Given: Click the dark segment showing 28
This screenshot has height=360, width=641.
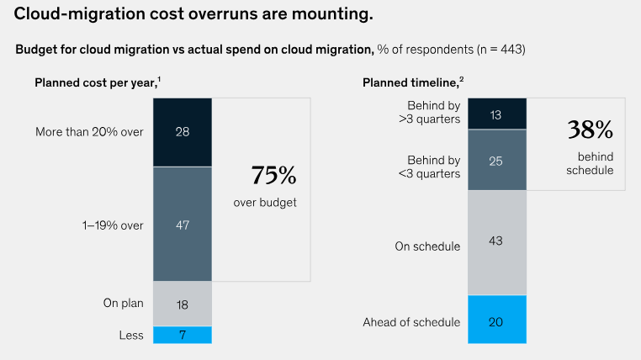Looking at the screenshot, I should (182, 132).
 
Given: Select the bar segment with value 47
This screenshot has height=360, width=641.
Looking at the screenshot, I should (182, 224).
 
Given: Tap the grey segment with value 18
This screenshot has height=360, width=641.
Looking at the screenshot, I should (182, 304).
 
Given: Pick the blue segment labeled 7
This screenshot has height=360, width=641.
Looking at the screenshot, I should (182, 335).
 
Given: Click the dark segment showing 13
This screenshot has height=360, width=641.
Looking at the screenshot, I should (496, 114).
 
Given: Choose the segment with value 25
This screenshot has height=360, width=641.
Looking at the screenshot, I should (496, 160).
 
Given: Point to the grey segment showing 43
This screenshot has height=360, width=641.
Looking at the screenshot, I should (496, 242).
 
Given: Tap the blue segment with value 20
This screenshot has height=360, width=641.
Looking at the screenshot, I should (496, 320).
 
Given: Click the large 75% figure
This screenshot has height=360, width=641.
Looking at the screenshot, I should (273, 176).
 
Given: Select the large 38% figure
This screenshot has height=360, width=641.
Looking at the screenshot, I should (590, 130).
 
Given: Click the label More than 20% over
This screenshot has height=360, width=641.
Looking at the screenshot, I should (89, 132).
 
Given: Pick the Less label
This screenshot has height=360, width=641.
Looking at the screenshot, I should (130, 336).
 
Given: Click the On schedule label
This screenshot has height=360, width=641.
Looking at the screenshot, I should (427, 246).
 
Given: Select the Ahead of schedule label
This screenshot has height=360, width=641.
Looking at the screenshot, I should (411, 321).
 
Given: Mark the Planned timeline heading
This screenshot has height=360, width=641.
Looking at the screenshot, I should (411, 82).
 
